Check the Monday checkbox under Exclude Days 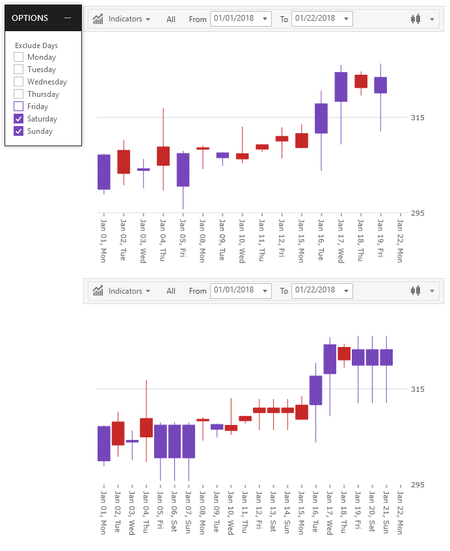(x=19, y=57)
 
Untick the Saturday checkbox (x=19, y=119)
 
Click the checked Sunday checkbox (x=19, y=131)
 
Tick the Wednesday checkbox (x=19, y=82)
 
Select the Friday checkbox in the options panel (x=19, y=107)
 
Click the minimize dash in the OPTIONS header (x=68, y=18)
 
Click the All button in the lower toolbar (x=171, y=291)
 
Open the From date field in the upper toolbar (x=241, y=19)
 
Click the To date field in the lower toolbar (x=323, y=291)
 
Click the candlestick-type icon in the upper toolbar (x=416, y=19)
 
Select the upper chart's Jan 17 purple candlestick (x=341, y=87)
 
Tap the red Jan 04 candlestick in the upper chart (x=163, y=156)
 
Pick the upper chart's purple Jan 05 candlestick (x=183, y=170)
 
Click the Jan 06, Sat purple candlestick (x=174, y=441)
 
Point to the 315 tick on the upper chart (x=418, y=118)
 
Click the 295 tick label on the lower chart (x=418, y=485)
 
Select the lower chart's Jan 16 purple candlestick (x=316, y=391)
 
